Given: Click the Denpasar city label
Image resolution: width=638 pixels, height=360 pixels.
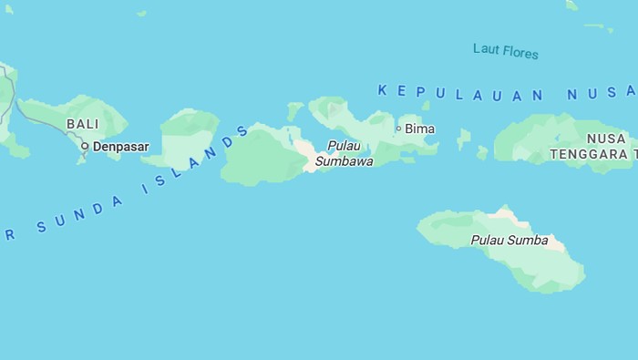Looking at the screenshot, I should [x=120, y=146].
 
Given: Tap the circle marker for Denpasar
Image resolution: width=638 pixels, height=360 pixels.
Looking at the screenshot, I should [x=85, y=146].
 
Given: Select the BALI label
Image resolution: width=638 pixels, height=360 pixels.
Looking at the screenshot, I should [x=82, y=124].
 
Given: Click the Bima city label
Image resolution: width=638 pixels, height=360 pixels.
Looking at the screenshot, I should [x=419, y=129].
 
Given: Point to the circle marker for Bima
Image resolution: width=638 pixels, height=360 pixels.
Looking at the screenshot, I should [x=398, y=129].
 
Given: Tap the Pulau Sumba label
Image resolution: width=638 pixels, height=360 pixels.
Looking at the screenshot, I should [x=509, y=241].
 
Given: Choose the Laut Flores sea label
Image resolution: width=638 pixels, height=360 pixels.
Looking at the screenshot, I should [x=506, y=51].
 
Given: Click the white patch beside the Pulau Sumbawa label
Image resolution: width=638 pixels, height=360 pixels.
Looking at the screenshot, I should [x=303, y=151].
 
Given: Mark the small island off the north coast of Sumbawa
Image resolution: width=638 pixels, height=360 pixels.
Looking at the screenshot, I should [x=294, y=110].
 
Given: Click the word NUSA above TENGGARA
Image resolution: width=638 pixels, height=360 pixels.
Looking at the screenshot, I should [x=606, y=139].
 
